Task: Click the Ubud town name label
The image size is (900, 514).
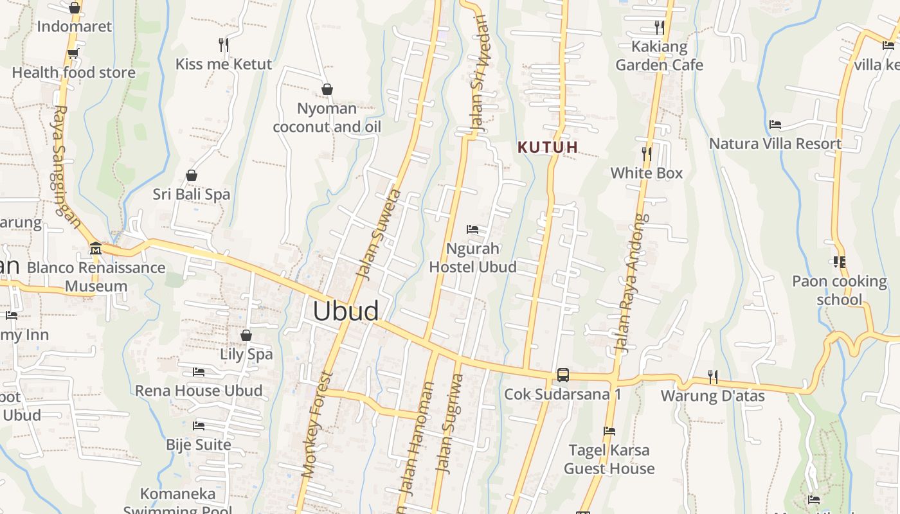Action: pos(346,311)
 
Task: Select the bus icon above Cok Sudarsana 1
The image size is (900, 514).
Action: pos(563,375)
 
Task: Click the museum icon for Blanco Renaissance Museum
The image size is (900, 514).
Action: pos(96,248)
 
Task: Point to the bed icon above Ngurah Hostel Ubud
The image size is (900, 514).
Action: pos(473,229)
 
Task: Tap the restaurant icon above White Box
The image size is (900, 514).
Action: pos(647,154)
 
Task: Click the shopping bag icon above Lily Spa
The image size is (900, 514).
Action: pos(246,335)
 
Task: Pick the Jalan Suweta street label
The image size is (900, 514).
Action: pos(379,235)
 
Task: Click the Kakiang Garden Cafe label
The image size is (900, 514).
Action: pos(660,56)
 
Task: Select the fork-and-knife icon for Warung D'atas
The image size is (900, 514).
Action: pos(712,377)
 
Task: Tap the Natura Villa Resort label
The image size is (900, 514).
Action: pos(775,143)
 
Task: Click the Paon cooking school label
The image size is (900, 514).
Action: pos(839,290)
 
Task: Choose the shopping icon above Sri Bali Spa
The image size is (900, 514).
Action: pos(191,175)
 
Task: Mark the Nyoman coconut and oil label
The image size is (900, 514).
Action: pos(327,118)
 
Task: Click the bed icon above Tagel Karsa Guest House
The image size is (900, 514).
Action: pos(609,431)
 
